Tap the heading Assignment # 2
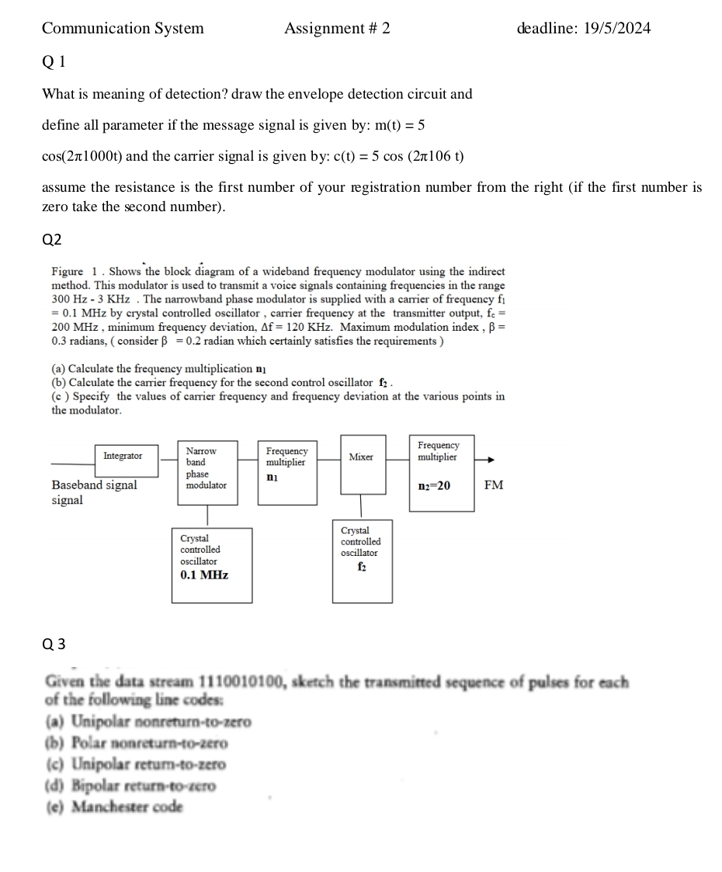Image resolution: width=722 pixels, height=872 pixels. [337, 29]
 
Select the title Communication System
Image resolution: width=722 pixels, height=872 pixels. [123, 29]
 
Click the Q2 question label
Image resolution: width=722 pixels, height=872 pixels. [51, 240]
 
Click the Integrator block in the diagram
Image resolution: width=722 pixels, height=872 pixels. [123, 456]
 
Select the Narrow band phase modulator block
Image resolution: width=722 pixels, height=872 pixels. [207, 467]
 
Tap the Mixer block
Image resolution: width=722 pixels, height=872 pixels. [361, 457]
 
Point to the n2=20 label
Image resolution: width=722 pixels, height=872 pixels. [434, 485]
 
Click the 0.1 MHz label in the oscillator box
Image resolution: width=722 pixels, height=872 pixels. [204, 575]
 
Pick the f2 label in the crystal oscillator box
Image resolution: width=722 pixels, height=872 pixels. [362, 567]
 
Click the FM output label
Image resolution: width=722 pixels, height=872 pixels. [493, 485]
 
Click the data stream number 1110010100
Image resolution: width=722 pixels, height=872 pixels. [243, 683]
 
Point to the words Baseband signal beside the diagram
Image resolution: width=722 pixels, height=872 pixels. [94, 485]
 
